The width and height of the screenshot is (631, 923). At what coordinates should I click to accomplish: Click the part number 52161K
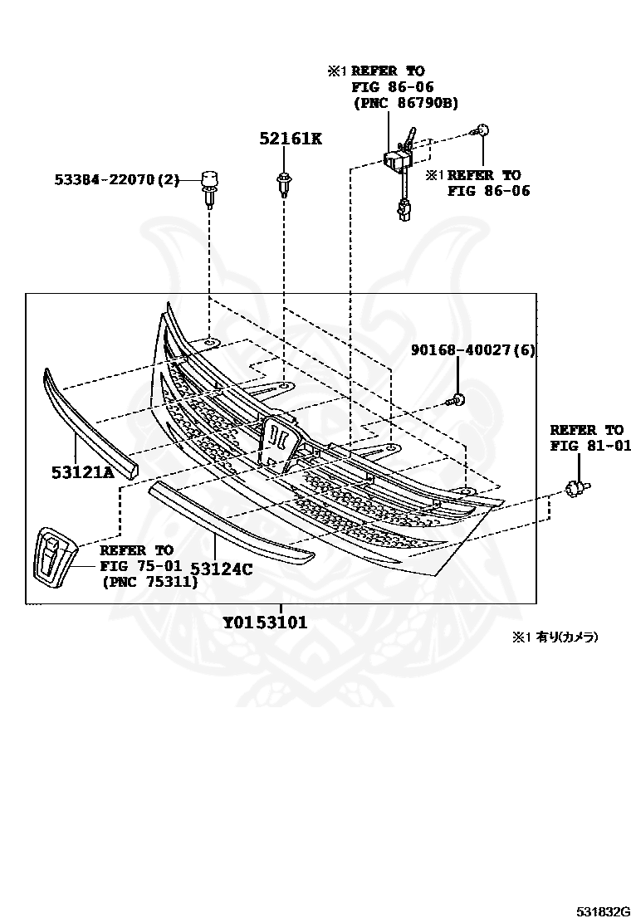pos(290,139)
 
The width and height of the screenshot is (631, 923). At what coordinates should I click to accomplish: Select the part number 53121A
pos(83,473)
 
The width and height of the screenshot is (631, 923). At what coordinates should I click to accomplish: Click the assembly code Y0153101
pos(265,623)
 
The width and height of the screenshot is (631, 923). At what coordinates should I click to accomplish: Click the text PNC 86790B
pos(406,103)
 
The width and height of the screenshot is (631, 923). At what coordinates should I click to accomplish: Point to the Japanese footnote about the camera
pos(554,637)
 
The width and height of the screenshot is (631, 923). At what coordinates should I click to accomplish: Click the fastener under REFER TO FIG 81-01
pos(576,488)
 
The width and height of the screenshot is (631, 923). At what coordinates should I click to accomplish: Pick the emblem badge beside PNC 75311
pos(51,552)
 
